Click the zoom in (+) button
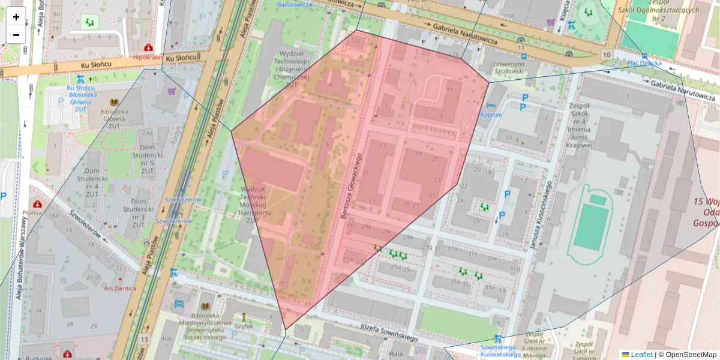(x=16, y=17)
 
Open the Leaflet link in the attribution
(x=641, y=355)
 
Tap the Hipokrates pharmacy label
(x=147, y=58)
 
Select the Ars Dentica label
(x=120, y=288)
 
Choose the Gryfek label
(x=244, y=327)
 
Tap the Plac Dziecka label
(x=644, y=62)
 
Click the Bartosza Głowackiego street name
(x=352, y=186)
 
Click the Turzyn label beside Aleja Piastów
(x=178, y=137)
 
